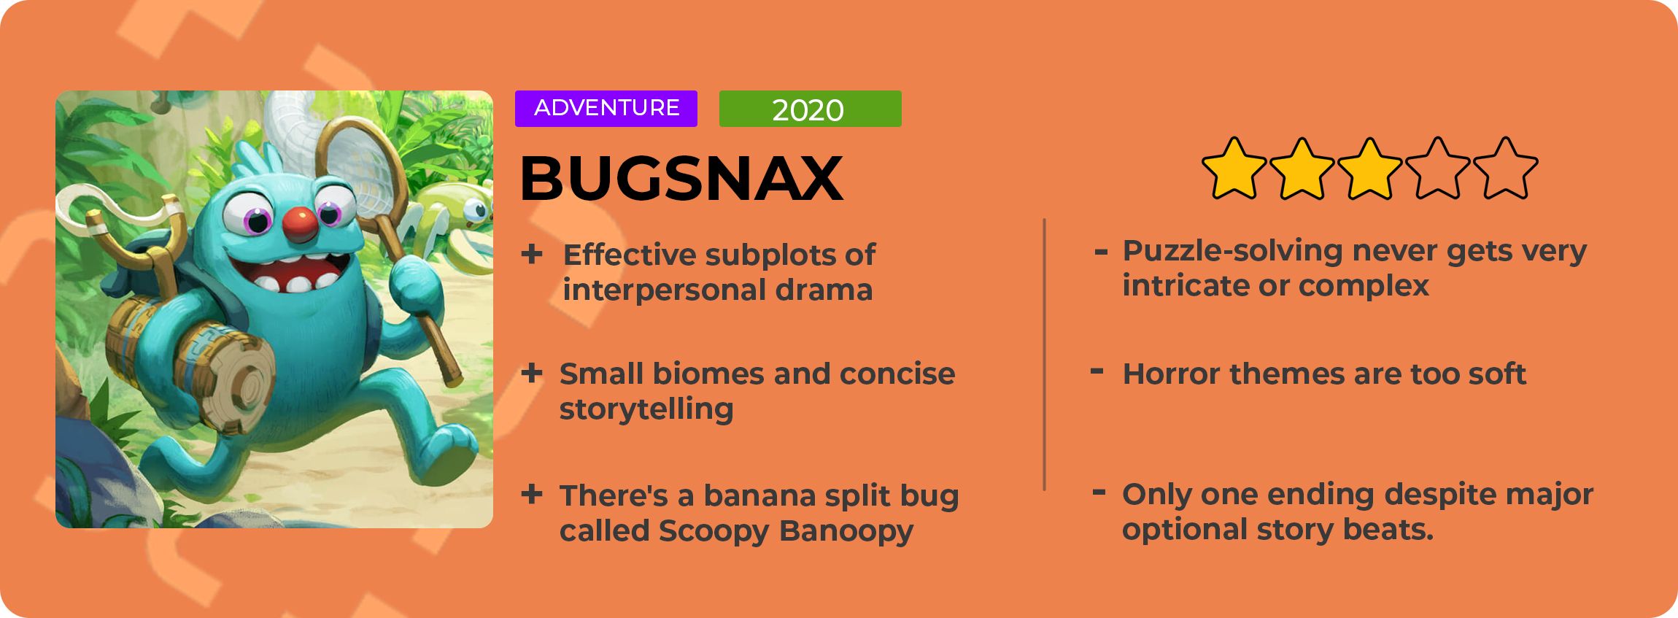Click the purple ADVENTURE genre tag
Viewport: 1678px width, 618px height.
(606, 109)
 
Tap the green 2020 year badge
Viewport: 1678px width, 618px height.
(810, 109)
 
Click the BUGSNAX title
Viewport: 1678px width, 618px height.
(681, 178)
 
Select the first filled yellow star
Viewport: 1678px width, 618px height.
(1234, 168)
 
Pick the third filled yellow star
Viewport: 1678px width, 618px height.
(1369, 168)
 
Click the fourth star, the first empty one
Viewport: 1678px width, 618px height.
(1437, 168)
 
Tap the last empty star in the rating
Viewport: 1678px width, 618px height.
(1505, 168)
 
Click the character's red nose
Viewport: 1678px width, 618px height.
(301, 225)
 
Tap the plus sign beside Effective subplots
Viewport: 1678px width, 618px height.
(532, 254)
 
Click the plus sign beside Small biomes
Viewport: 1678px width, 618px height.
(532, 373)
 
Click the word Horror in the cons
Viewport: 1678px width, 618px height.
(1171, 374)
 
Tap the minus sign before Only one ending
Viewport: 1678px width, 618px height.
(1099, 493)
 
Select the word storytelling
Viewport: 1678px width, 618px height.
(646, 409)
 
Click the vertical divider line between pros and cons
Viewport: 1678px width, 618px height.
(1045, 354)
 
